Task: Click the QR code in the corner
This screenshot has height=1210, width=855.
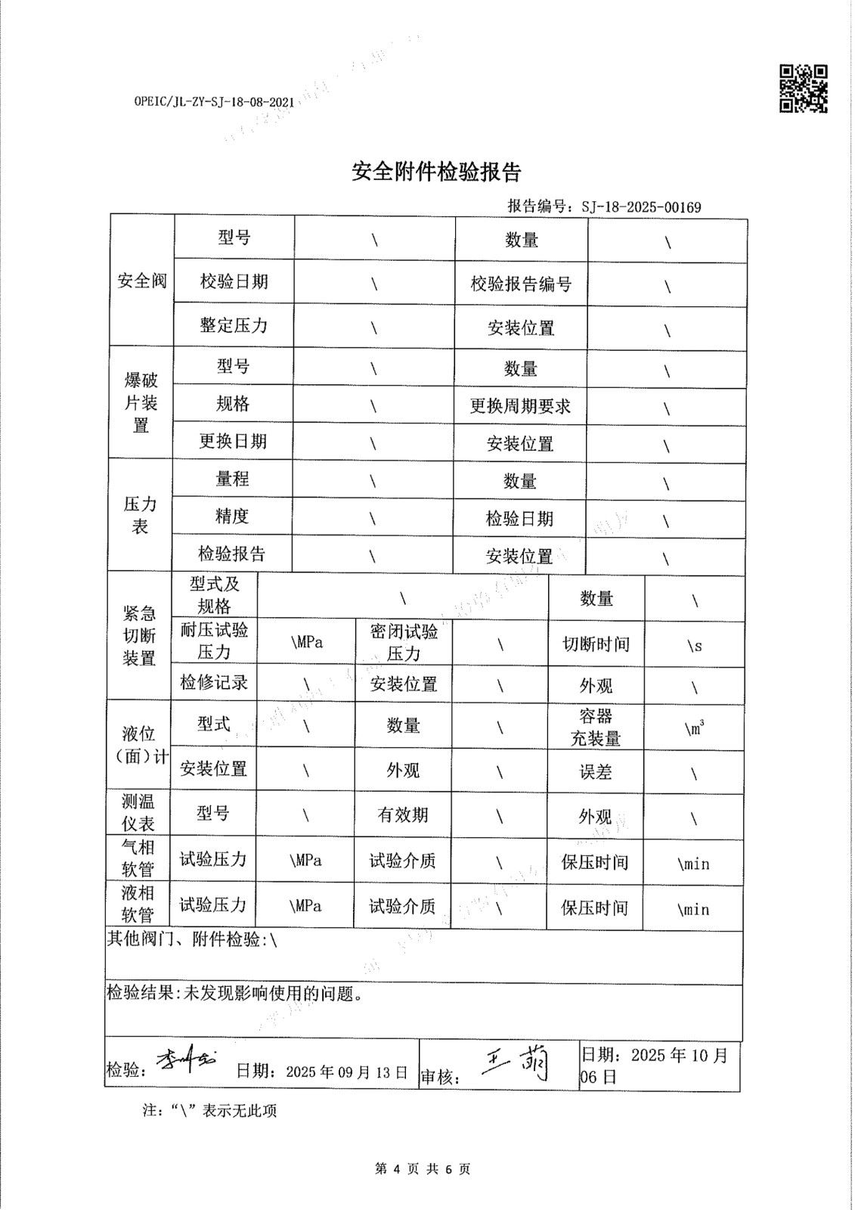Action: point(803,88)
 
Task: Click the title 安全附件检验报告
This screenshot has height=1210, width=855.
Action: point(436,172)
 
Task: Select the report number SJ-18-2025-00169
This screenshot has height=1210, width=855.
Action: point(641,207)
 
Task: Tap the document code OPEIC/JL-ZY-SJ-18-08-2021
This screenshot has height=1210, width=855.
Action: point(214,101)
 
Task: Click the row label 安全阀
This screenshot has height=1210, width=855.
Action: point(141,281)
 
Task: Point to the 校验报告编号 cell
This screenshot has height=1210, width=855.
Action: point(521,284)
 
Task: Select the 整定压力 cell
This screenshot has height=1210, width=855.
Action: point(234,326)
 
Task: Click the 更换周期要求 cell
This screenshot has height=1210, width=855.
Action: point(520,406)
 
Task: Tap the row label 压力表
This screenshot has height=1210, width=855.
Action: point(140,515)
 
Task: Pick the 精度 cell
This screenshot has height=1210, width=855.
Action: point(232,517)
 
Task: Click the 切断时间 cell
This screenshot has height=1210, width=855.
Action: point(596,644)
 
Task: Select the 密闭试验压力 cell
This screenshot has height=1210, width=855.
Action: point(404,643)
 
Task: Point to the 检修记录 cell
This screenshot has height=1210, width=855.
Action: point(214,682)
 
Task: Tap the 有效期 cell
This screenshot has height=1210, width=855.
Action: point(403,814)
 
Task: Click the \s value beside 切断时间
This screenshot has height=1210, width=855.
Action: point(694,646)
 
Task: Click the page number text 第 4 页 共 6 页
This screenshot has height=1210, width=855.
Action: point(423,1169)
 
